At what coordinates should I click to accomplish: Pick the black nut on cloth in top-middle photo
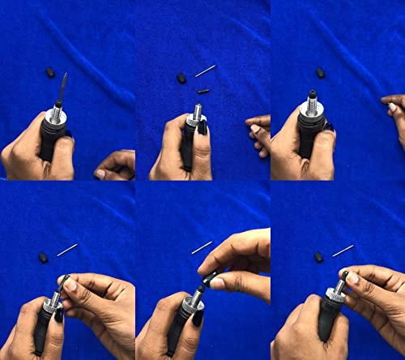click(x=181, y=79)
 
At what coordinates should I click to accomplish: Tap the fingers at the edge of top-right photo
click(x=394, y=112)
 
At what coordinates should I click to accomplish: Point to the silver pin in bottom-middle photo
click(x=202, y=247)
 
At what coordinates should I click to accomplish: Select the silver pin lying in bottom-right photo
click(x=343, y=250)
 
